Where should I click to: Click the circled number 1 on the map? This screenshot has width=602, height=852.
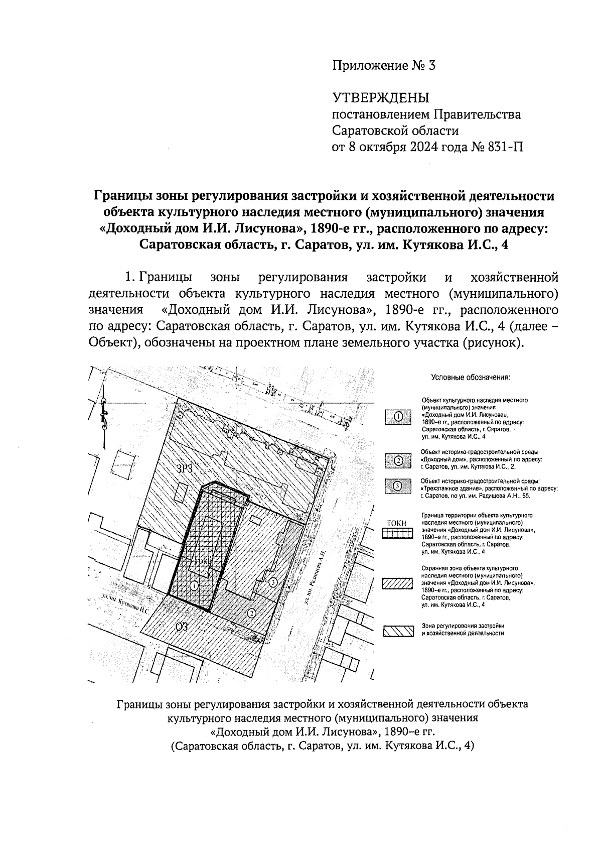click(x=195, y=585)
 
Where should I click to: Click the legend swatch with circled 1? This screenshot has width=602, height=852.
click(x=398, y=417)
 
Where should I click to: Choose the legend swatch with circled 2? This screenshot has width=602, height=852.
click(x=398, y=461)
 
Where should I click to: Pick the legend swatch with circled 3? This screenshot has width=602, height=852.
click(x=398, y=486)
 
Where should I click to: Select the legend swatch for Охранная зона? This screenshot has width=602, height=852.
click(x=398, y=584)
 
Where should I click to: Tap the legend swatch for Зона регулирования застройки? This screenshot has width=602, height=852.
click(x=398, y=631)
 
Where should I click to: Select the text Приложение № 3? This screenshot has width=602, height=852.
click(x=384, y=65)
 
